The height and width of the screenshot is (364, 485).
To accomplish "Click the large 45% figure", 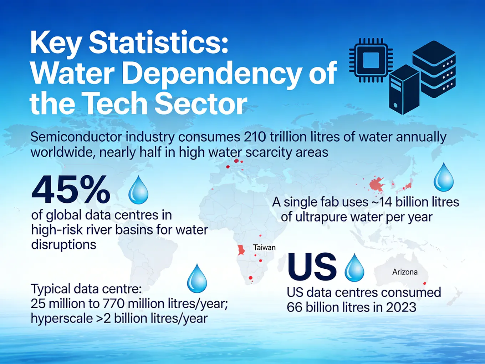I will (71, 189).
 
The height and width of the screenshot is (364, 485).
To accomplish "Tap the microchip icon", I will (371, 60).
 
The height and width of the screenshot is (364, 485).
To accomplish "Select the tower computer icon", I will (404, 90).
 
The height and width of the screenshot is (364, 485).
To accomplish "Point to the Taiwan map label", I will (264, 247).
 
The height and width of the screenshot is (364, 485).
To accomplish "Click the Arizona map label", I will (405, 272).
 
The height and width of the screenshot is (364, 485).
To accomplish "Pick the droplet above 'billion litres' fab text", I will (444, 177).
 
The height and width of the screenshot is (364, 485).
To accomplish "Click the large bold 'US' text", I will (312, 267).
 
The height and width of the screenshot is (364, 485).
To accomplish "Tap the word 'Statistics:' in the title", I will (158, 43).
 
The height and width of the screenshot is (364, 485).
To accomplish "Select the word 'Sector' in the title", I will (201, 103).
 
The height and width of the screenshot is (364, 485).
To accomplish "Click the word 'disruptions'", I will (64, 245).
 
